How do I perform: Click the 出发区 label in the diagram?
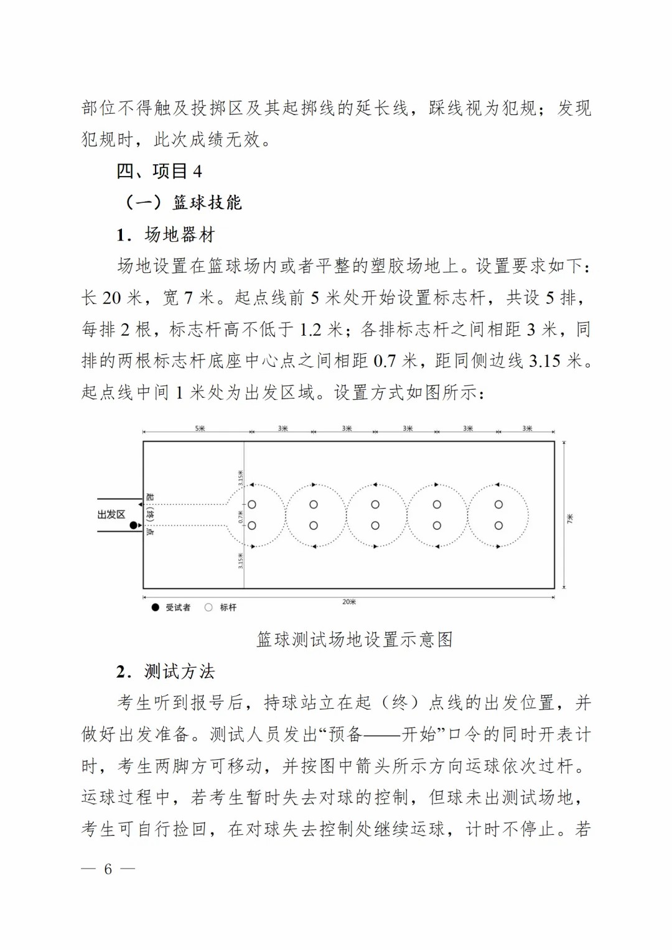click(111, 515)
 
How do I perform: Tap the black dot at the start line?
click(133, 525)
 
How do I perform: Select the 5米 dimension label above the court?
click(200, 428)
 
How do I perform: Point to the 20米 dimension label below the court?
click(349, 602)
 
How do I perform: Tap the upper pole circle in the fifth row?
click(498, 505)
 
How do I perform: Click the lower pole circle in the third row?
click(375, 525)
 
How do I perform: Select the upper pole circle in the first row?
click(252, 505)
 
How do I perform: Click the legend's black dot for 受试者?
click(156, 607)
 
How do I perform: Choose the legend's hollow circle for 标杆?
click(208, 607)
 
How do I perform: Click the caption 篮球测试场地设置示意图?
click(354, 640)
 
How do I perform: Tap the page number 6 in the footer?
click(108, 869)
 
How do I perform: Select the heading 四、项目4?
click(159, 171)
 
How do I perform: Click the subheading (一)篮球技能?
click(183, 203)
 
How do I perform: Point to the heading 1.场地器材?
click(166, 234)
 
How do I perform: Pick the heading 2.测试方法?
click(166, 671)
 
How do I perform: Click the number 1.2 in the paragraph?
click(312, 330)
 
